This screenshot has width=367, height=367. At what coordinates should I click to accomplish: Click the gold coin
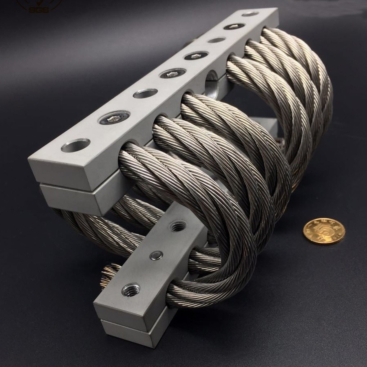324,231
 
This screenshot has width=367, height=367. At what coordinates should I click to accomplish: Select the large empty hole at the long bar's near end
75,145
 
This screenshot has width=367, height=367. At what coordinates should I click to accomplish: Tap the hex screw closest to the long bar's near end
115,118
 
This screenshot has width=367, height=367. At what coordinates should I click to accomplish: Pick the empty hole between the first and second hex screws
145,93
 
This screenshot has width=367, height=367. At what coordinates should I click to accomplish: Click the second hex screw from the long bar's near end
172,73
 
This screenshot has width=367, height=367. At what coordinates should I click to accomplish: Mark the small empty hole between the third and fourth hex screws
216,40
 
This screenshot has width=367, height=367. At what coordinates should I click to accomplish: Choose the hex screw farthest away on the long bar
234,27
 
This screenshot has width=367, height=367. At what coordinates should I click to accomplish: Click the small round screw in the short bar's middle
156,256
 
